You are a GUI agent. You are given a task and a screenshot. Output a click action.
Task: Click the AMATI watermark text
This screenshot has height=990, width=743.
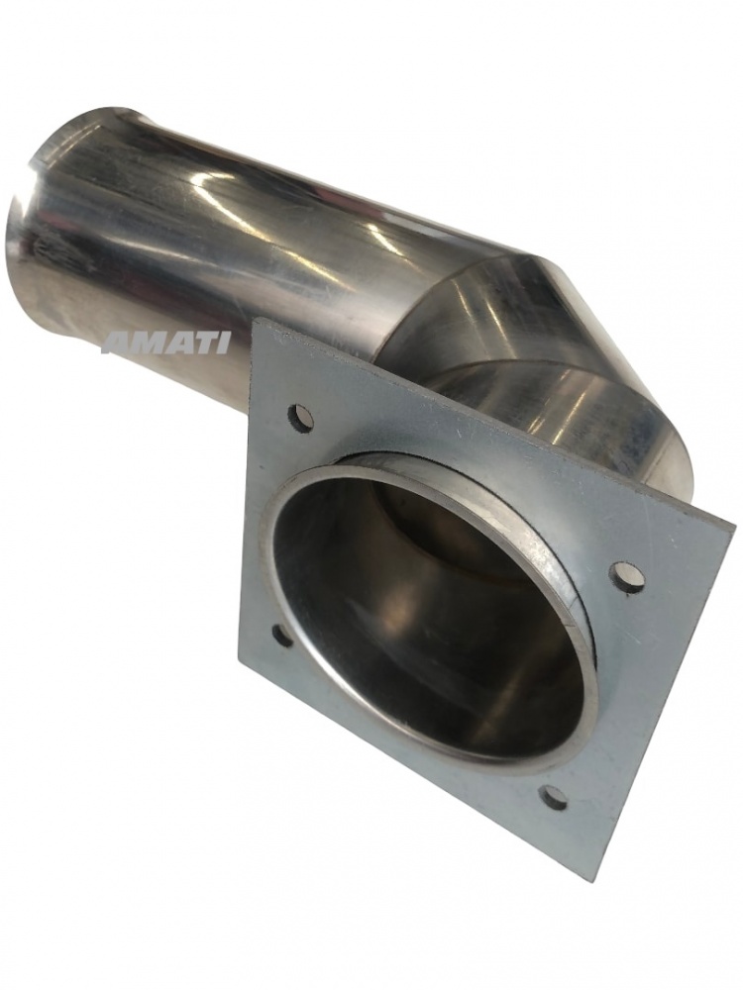167,344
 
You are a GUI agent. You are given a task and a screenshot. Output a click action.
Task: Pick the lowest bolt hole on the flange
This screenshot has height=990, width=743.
555,796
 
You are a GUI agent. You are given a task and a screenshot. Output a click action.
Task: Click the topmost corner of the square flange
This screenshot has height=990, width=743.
255,320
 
